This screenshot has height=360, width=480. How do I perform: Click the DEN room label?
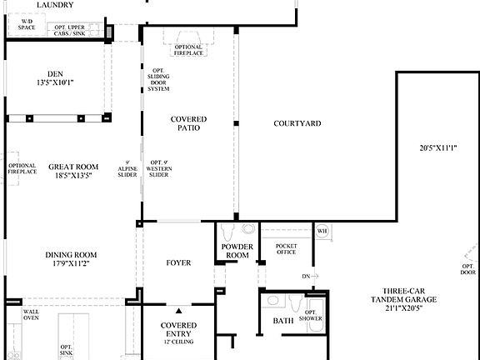[x=55, y=77]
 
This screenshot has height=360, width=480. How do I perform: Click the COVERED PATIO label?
[x=188, y=124]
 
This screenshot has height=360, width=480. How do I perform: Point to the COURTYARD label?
[x=297, y=124]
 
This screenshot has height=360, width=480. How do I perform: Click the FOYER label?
[x=178, y=263]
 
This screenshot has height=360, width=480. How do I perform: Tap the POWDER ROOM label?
[x=237, y=251]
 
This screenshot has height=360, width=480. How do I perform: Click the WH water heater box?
[x=321, y=231]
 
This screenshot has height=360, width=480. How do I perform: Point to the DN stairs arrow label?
[x=308, y=276]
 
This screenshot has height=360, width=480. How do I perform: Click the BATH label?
[x=283, y=321]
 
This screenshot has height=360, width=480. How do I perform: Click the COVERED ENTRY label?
[x=179, y=330]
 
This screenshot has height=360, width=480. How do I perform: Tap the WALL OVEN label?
[x=32, y=314]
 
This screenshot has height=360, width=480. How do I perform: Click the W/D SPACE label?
[x=27, y=24]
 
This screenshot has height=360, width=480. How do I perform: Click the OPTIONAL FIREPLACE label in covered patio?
[x=188, y=50]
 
